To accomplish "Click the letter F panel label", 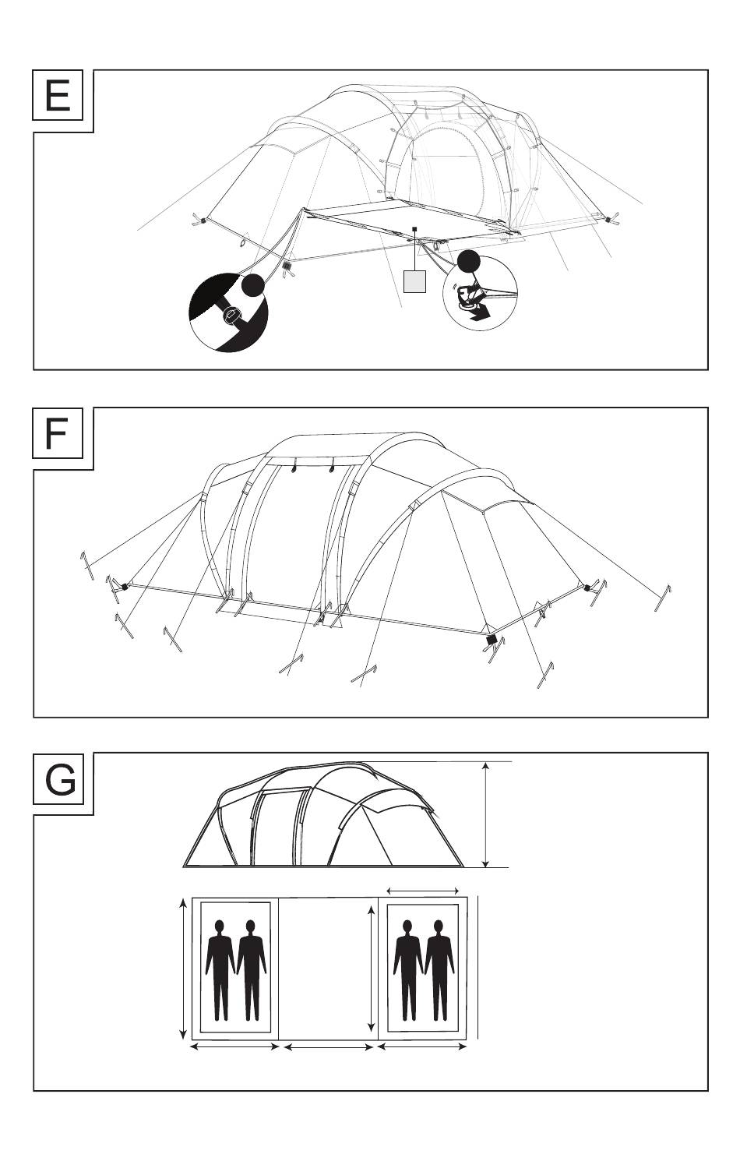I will (57, 434).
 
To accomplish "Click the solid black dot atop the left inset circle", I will (252, 285).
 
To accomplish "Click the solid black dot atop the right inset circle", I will (469, 261).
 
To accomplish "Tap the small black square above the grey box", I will (416, 230).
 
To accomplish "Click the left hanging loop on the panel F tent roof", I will (294, 469).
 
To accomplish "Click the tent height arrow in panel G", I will (486, 815).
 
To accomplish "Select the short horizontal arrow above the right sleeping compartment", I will (423, 890).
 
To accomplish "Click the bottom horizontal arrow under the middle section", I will (328, 1047).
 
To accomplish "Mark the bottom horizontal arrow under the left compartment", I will (234, 1047).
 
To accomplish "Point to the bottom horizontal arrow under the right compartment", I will (421, 1047).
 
